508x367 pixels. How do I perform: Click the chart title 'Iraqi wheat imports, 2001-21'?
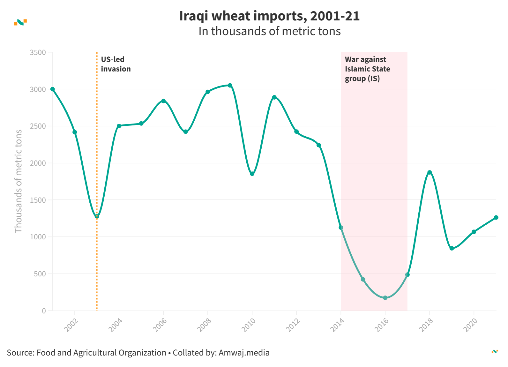tap(269, 16)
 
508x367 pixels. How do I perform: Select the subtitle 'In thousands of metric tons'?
tap(269, 31)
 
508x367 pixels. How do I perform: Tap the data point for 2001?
tap(53, 89)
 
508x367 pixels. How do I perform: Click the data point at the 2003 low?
tap(97, 216)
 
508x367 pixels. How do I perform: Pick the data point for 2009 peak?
tap(230, 85)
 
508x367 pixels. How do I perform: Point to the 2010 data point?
tap(252, 174)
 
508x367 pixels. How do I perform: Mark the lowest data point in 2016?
tap(385, 298)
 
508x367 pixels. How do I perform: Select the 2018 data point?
tap(430, 172)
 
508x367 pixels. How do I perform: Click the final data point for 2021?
tap(496, 217)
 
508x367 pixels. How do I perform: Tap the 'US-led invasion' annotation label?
tap(116, 64)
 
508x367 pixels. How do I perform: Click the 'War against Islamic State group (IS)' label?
tap(367, 69)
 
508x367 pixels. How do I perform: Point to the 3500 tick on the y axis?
tap(38, 52)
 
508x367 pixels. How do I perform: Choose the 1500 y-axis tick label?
tap(38, 200)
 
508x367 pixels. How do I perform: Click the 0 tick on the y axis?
tap(44, 311)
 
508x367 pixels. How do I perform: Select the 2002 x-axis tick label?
tap(71, 325)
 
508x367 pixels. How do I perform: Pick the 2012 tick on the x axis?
tap(293, 325)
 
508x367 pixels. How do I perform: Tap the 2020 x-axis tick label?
tap(470, 325)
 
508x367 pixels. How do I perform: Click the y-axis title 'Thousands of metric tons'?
tap(19, 181)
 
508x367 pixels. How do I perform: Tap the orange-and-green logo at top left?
tap(20, 22)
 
